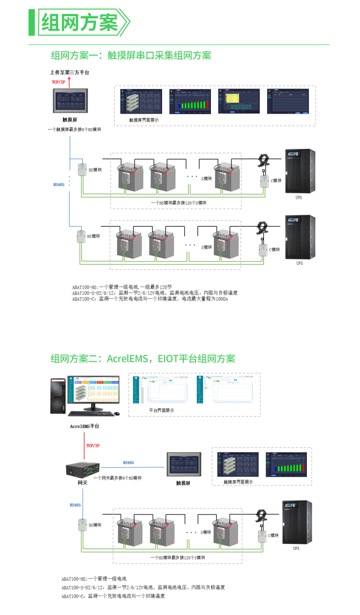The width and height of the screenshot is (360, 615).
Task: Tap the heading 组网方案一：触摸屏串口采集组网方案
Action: (x=131, y=55)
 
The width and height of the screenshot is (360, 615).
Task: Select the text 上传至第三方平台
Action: (x=70, y=73)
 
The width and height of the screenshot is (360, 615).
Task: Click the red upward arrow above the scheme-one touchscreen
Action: (x=69, y=83)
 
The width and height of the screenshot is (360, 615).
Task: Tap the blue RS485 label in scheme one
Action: (x=59, y=184)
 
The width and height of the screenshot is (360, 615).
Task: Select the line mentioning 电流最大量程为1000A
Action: (x=150, y=299)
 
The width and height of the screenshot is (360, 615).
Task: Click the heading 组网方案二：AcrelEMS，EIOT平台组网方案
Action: (x=143, y=359)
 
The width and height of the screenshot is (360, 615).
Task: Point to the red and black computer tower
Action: (x=58, y=395)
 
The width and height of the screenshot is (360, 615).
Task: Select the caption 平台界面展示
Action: (x=161, y=410)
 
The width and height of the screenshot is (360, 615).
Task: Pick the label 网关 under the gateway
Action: (x=82, y=483)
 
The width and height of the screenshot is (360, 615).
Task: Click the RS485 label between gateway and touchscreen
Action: (x=128, y=463)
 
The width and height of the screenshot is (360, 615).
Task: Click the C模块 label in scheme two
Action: (x=273, y=535)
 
